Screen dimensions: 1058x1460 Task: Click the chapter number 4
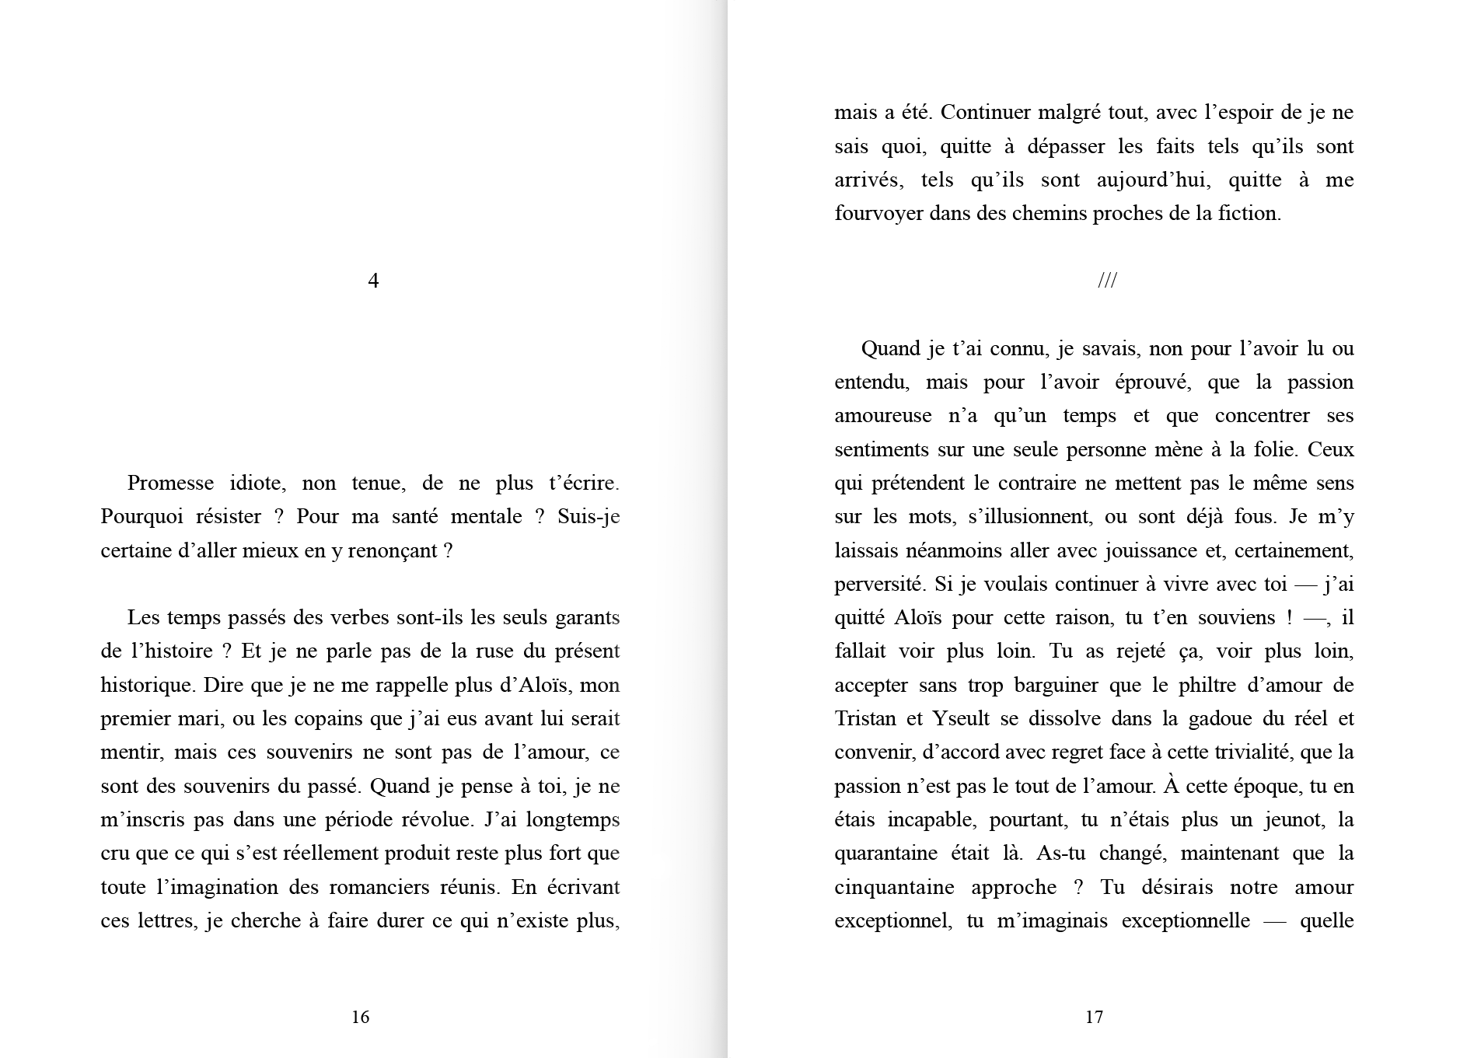click(x=373, y=281)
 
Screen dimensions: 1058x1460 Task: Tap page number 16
click(x=360, y=1017)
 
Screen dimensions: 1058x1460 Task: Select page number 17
click(x=1094, y=1017)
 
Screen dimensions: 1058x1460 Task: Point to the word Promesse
click(x=170, y=483)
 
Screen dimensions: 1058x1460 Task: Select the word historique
click(x=148, y=686)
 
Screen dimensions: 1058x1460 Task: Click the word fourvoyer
click(x=878, y=214)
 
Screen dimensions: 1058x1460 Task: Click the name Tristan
click(x=865, y=718)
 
